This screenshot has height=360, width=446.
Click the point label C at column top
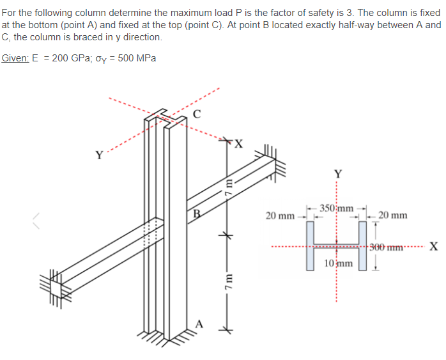pos(197,115)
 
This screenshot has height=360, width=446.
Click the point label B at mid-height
pos(196,214)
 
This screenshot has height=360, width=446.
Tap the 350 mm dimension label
pos(336,208)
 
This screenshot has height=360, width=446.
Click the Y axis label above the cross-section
pos(338,173)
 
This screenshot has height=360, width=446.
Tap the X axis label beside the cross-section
pos(433,248)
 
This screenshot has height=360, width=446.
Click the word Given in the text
pos(14,58)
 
